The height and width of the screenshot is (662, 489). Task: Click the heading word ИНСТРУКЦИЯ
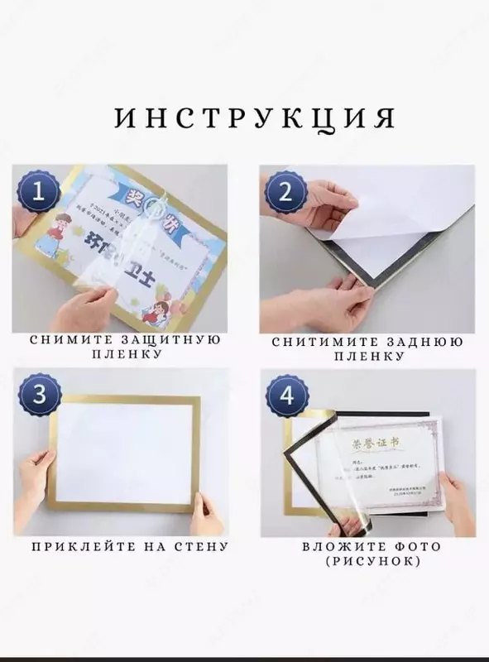(254, 118)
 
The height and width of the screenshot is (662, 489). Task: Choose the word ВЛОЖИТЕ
(338, 547)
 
